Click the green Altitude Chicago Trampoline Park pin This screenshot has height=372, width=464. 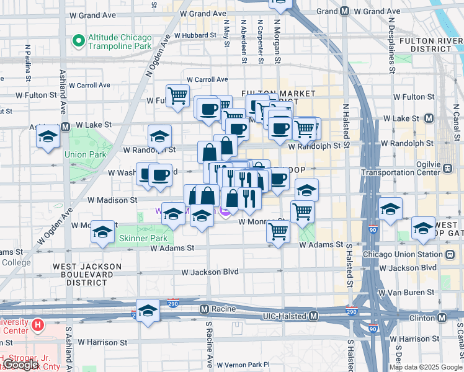(78, 42)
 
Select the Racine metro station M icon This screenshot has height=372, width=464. (205, 308)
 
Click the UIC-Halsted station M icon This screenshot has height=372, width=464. (314, 316)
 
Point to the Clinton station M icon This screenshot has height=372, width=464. (442, 317)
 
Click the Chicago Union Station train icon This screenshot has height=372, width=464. (448, 254)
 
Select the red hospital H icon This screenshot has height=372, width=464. (38, 324)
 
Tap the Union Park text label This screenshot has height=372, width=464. (83, 154)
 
